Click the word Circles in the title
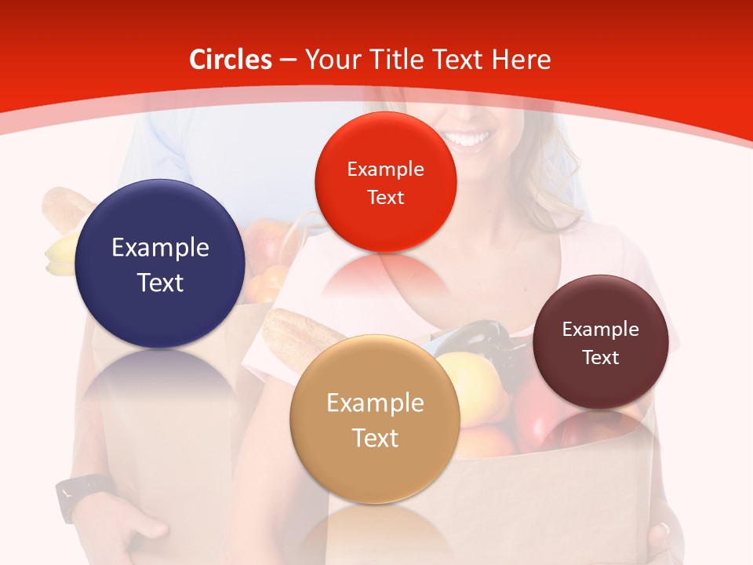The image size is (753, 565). point(230,60)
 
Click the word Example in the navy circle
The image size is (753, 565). point(160,248)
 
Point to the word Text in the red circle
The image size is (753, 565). point(385,197)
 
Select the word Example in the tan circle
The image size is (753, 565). point(375,403)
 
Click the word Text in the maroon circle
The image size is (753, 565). point(601,358)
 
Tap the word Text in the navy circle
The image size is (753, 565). point(160,282)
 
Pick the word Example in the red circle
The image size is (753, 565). point(385,169)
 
